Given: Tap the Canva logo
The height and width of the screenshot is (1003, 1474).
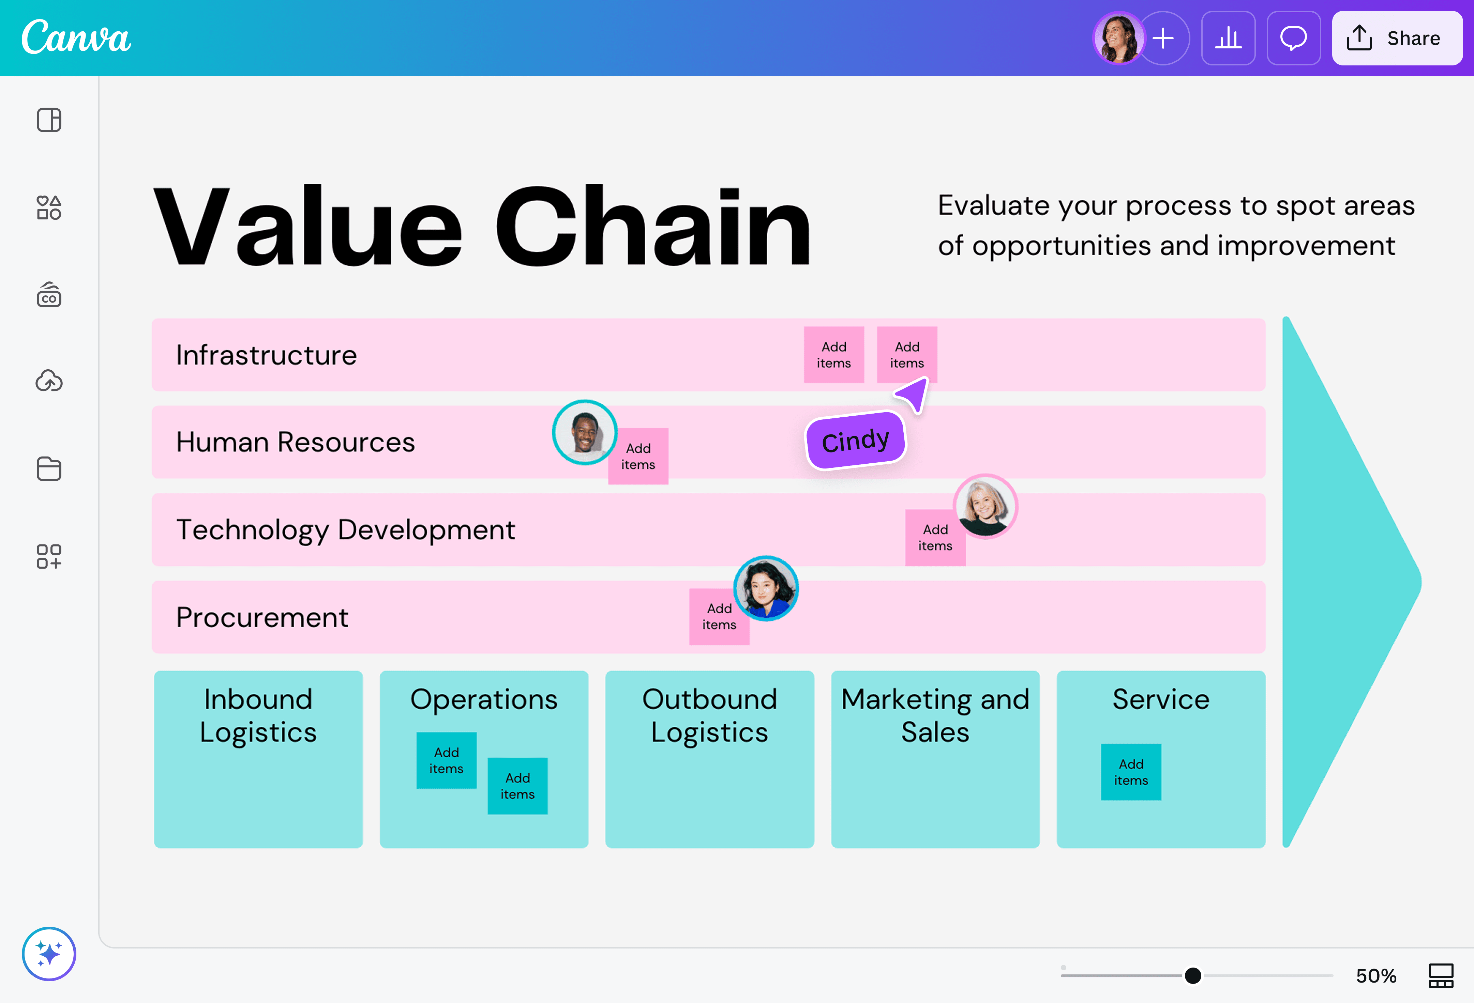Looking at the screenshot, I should point(76,37).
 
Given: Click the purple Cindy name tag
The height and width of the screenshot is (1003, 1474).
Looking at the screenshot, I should point(856,441).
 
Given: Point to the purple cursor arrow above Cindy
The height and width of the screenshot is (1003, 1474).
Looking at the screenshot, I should point(914,395).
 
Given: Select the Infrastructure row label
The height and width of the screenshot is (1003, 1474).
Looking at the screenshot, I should point(266,355).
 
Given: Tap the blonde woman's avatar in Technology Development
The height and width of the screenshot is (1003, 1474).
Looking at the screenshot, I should point(985,507).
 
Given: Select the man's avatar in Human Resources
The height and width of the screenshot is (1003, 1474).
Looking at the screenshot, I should point(584,432).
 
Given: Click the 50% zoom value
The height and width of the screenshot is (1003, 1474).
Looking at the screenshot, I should point(1376,975).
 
